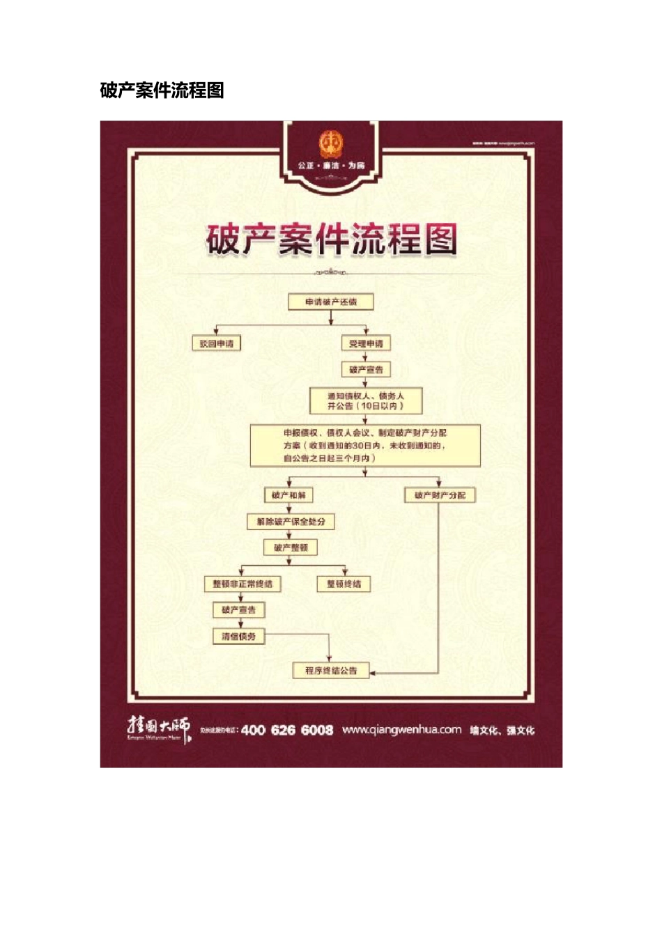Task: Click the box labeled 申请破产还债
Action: [x=331, y=302]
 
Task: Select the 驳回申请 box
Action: [x=217, y=343]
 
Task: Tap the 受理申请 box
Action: [x=366, y=343]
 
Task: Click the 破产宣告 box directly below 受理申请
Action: [x=366, y=370]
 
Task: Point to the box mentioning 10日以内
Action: [x=366, y=401]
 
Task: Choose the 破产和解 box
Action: [x=288, y=495]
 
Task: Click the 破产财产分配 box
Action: [x=440, y=495]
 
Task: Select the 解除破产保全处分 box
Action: [x=291, y=522]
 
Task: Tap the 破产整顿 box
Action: [x=291, y=548]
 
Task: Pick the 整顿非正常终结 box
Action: [x=243, y=584]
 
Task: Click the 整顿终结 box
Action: [x=344, y=584]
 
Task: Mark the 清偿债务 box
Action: [x=239, y=637]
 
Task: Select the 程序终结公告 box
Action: [x=331, y=671]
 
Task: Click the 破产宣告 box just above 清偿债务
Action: [x=239, y=610]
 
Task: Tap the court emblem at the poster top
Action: [x=331, y=144]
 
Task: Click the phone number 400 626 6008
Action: [x=287, y=730]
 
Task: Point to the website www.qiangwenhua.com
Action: [x=401, y=730]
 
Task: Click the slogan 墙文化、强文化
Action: [x=502, y=731]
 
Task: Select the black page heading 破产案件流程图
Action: [x=162, y=91]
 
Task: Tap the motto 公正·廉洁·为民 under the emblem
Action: [x=331, y=166]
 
